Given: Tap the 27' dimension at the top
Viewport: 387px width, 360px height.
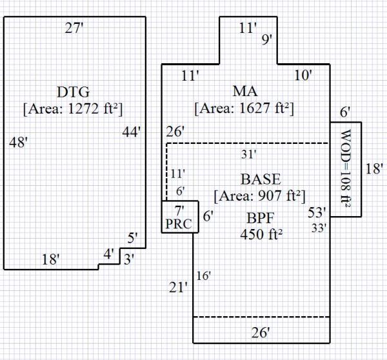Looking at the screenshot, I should point(74,28).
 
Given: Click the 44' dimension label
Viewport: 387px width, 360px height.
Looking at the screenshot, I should point(132,132).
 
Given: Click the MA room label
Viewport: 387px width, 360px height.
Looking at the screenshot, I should point(244,91).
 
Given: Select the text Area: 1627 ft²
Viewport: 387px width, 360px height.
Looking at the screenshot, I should point(244,108).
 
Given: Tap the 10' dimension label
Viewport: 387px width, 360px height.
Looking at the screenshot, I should point(303,75).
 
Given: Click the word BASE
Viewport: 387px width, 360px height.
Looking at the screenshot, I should point(260,179).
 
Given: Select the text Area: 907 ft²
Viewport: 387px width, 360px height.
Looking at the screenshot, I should point(260,194).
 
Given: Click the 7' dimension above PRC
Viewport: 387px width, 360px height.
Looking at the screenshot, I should point(180,209).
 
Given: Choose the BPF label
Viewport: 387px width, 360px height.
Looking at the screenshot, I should point(260,217).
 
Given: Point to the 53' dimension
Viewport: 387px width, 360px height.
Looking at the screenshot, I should point(317,212).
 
